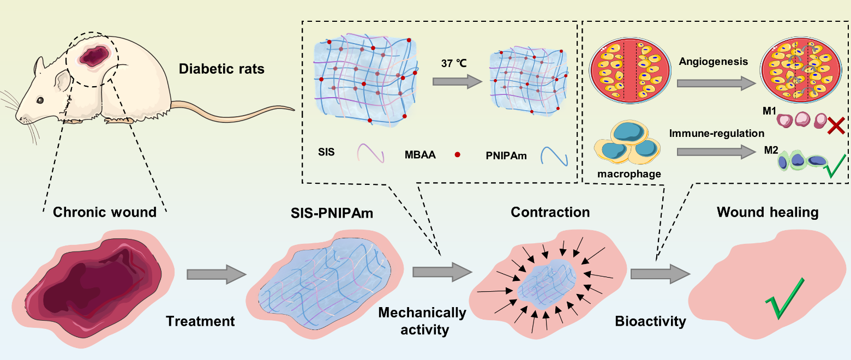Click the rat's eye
(x=39, y=100)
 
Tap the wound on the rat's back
(x=93, y=56)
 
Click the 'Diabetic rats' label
(x=221, y=69)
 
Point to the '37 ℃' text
(x=454, y=63)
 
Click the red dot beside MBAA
(x=457, y=154)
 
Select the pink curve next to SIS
(x=370, y=153)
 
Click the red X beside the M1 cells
(x=836, y=125)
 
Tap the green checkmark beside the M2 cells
(x=835, y=166)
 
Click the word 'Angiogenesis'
(x=713, y=62)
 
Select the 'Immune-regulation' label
(x=716, y=133)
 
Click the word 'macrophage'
(x=629, y=174)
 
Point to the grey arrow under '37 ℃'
(x=457, y=81)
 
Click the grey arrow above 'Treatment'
(x=217, y=274)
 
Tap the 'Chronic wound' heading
(x=105, y=212)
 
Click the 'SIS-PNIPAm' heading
(x=332, y=213)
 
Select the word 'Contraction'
(x=550, y=212)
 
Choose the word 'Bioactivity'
(x=650, y=321)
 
